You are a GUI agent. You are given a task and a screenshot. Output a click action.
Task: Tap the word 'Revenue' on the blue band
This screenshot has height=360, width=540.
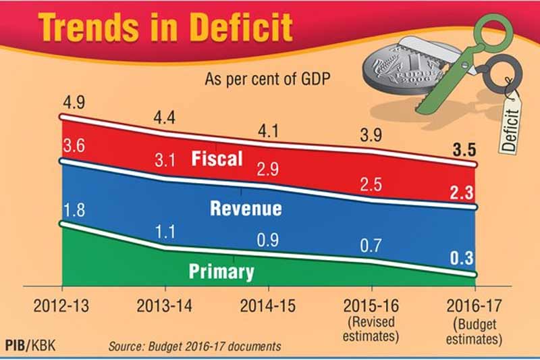pos(246,207)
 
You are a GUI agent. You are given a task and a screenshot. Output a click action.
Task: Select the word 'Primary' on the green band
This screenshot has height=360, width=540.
pos(221,272)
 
